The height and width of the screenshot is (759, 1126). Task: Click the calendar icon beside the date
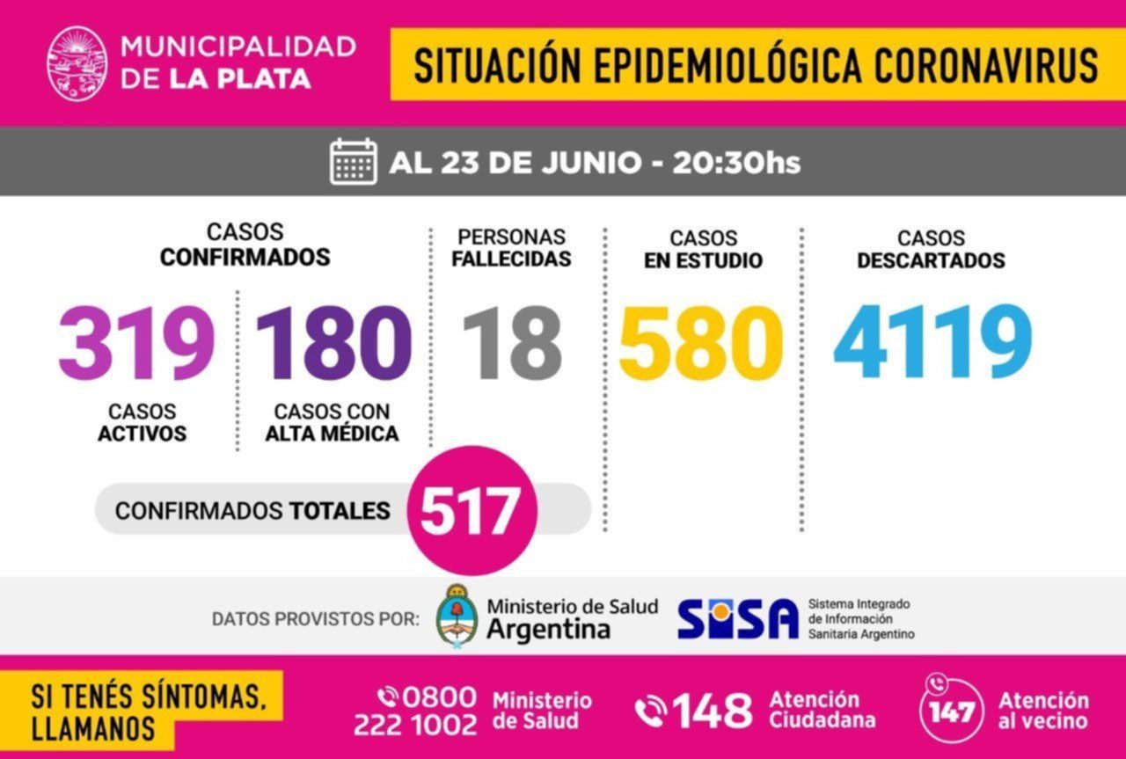pyautogui.click(x=354, y=163)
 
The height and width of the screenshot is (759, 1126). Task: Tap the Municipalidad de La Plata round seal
pyautogui.click(x=77, y=62)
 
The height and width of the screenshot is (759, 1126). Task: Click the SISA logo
pyautogui.click(x=737, y=618)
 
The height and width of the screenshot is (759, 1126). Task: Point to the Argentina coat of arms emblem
pyautogui.click(x=457, y=616)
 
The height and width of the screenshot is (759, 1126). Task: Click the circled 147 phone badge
pyautogui.click(x=952, y=709)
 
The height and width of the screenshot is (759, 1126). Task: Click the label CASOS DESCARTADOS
pyautogui.click(x=931, y=250)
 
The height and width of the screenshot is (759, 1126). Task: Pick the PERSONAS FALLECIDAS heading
pyautogui.click(x=513, y=248)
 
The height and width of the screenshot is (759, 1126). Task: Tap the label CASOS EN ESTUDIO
pyautogui.click(x=703, y=250)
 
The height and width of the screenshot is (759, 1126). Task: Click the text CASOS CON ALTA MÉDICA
pyautogui.click(x=332, y=422)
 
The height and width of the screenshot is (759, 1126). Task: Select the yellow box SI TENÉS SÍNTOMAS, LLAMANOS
pyautogui.click(x=146, y=711)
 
